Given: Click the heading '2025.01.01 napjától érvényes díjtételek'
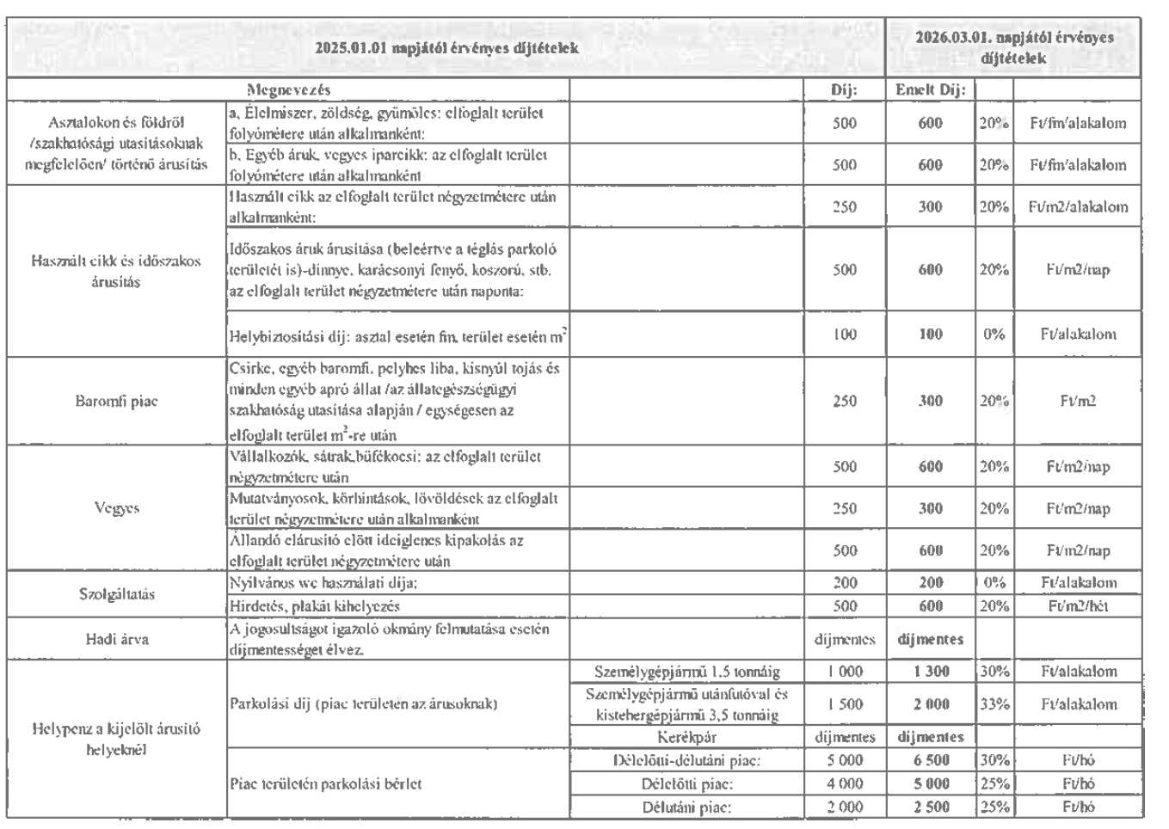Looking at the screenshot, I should pos(446,48).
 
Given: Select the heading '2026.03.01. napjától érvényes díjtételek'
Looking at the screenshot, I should pos(1014,48).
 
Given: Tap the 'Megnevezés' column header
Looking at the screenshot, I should pos(288,89).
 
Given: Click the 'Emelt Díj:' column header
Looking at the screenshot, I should pos(930,89).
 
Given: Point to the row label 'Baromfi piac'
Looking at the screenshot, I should pos(116,401).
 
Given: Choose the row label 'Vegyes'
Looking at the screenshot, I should pos(116,508).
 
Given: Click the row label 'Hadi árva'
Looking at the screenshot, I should pos(116,639).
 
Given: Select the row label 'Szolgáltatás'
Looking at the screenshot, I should pos(116,594).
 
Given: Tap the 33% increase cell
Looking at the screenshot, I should pos(994,704).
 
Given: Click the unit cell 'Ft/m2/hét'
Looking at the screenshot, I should pos(1078,606).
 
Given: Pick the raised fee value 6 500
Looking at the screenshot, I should pos(930,761).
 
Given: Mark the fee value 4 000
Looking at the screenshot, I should pos(845,784).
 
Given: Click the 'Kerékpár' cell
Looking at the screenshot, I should pos(686,737).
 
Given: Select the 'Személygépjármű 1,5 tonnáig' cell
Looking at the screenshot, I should pos(686,672).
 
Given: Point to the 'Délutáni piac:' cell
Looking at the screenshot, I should pos(686,808).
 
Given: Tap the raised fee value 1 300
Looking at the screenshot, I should pos(930,672).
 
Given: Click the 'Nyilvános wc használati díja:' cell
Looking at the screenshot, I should pos(323,583).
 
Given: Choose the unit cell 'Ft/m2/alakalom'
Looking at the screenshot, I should pos(1078,207).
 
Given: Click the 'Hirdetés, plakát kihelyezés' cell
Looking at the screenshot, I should pos(315,606).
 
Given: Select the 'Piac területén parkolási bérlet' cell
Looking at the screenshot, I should pos(326,784).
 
